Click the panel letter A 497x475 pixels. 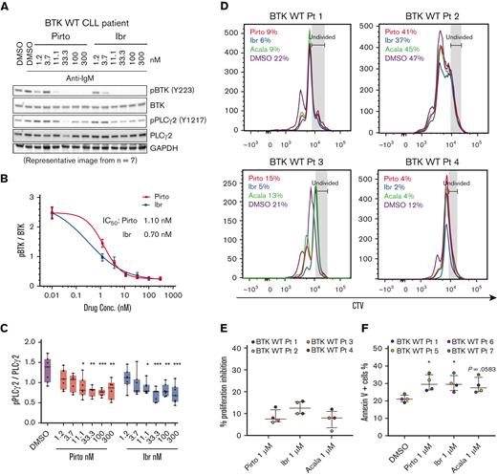point(7,8)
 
